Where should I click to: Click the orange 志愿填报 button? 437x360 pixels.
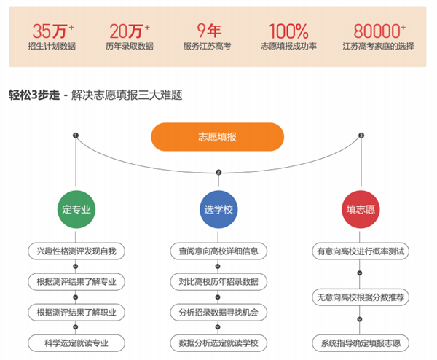tap(217, 137)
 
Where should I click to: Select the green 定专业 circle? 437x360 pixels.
tap(76, 210)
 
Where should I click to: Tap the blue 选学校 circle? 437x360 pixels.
tap(218, 210)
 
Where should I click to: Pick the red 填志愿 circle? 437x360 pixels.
tap(361, 210)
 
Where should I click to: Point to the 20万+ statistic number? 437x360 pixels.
tap(129, 31)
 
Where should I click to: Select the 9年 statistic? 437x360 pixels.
tap(208, 31)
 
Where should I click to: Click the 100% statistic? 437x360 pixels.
tap(288, 31)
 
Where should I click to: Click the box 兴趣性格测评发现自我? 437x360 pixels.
tap(76, 251)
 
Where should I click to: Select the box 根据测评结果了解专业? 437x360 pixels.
tap(76, 281)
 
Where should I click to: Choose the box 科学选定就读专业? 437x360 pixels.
tap(76, 342)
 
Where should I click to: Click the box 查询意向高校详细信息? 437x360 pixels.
tap(218, 251)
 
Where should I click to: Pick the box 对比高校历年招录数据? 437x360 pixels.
tap(218, 281)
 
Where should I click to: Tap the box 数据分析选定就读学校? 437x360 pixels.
tap(218, 342)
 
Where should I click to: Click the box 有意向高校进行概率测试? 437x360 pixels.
tap(361, 251)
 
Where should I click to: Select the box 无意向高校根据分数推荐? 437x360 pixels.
tap(361, 297)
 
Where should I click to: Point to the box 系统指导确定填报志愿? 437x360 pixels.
tap(361, 342)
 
